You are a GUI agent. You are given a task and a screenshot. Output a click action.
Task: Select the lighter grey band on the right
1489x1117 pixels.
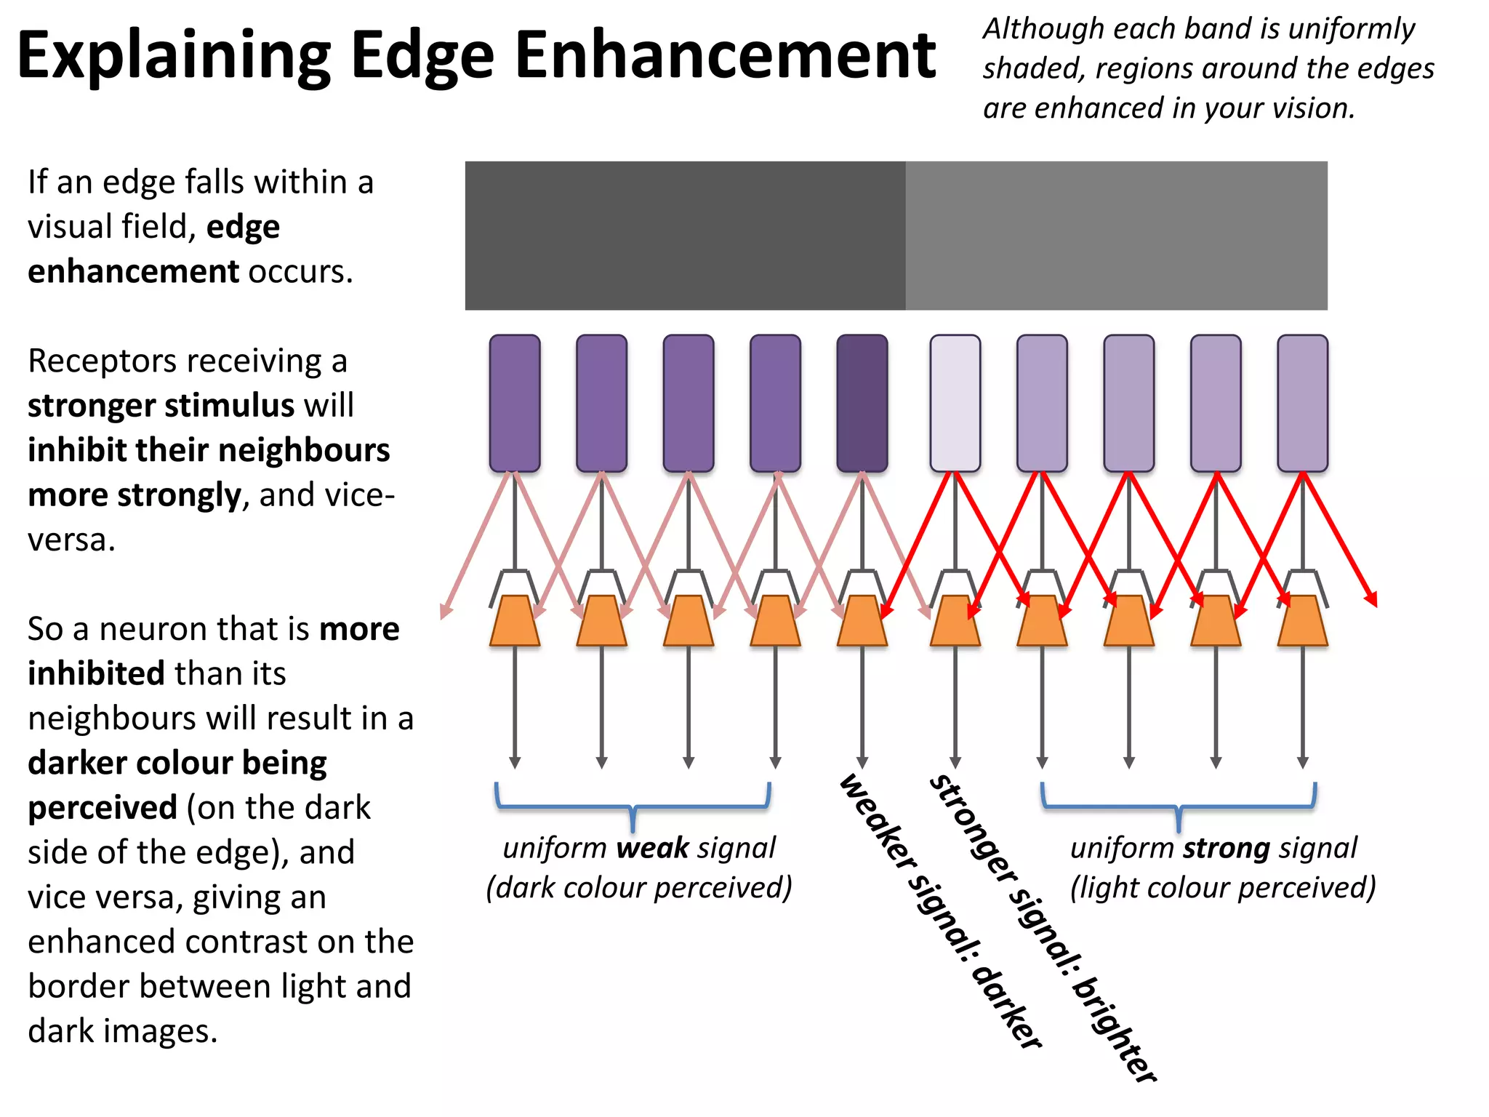(x=1116, y=236)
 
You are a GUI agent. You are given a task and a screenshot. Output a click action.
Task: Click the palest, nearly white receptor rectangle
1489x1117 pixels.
(x=955, y=403)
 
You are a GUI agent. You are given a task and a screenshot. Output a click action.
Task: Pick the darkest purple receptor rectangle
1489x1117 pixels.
(x=862, y=403)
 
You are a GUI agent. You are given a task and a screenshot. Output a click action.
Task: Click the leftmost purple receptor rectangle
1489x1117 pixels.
(x=515, y=403)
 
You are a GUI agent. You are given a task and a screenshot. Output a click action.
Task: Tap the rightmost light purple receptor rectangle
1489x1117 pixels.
(x=1302, y=403)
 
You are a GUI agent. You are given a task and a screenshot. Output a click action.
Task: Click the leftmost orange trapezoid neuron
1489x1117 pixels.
(x=515, y=621)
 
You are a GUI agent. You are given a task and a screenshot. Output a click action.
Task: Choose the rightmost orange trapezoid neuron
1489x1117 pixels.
(x=1302, y=621)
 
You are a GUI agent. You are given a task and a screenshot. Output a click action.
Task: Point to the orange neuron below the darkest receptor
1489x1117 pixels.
(x=862, y=621)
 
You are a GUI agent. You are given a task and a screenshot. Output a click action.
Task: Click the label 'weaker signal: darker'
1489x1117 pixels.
(x=941, y=913)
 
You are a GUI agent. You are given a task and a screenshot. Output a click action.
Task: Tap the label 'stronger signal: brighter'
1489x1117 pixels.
(x=1043, y=927)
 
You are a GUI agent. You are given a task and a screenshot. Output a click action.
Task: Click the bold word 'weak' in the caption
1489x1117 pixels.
(x=652, y=849)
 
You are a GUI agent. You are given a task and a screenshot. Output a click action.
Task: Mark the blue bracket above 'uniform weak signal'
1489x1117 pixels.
(x=633, y=806)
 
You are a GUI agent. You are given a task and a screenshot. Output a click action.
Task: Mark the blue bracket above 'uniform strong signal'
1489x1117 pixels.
(x=1179, y=806)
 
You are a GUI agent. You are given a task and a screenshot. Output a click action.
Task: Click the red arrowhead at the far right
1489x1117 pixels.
(x=1371, y=599)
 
